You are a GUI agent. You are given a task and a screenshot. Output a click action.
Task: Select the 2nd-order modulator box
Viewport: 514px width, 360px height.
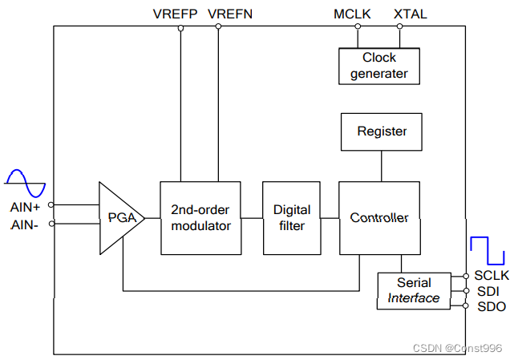(200, 218)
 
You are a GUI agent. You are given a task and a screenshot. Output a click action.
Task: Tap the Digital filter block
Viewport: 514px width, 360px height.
(292, 218)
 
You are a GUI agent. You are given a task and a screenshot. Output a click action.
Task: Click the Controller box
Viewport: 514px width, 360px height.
(379, 218)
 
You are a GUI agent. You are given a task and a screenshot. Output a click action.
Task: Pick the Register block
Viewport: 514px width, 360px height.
(382, 131)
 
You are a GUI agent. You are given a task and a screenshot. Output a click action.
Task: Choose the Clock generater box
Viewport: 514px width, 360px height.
(379, 67)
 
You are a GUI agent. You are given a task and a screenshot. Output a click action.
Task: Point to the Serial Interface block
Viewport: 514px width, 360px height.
(414, 291)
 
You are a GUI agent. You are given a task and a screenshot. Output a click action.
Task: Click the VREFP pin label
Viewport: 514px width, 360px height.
(175, 14)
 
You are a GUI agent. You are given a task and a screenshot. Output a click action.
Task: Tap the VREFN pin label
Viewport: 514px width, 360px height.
(230, 14)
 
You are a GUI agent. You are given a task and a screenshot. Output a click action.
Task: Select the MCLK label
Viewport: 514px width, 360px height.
(352, 14)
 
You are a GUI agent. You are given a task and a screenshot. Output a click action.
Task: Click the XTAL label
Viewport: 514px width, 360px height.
(411, 14)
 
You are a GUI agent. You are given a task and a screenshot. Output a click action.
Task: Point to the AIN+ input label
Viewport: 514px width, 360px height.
(25, 207)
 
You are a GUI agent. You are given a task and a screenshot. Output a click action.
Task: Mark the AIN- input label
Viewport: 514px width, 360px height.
(24, 225)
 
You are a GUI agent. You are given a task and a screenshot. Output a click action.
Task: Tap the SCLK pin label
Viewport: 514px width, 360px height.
(492, 275)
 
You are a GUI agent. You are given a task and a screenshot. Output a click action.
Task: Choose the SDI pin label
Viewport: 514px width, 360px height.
(488, 291)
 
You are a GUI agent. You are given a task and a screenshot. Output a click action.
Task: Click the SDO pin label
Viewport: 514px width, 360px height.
(492, 306)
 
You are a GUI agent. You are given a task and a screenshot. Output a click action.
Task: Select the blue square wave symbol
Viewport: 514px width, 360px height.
(488, 251)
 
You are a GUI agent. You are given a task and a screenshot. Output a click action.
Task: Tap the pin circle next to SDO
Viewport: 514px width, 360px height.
(465, 305)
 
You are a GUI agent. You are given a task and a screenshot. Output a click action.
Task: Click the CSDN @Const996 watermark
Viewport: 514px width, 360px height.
(457, 348)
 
